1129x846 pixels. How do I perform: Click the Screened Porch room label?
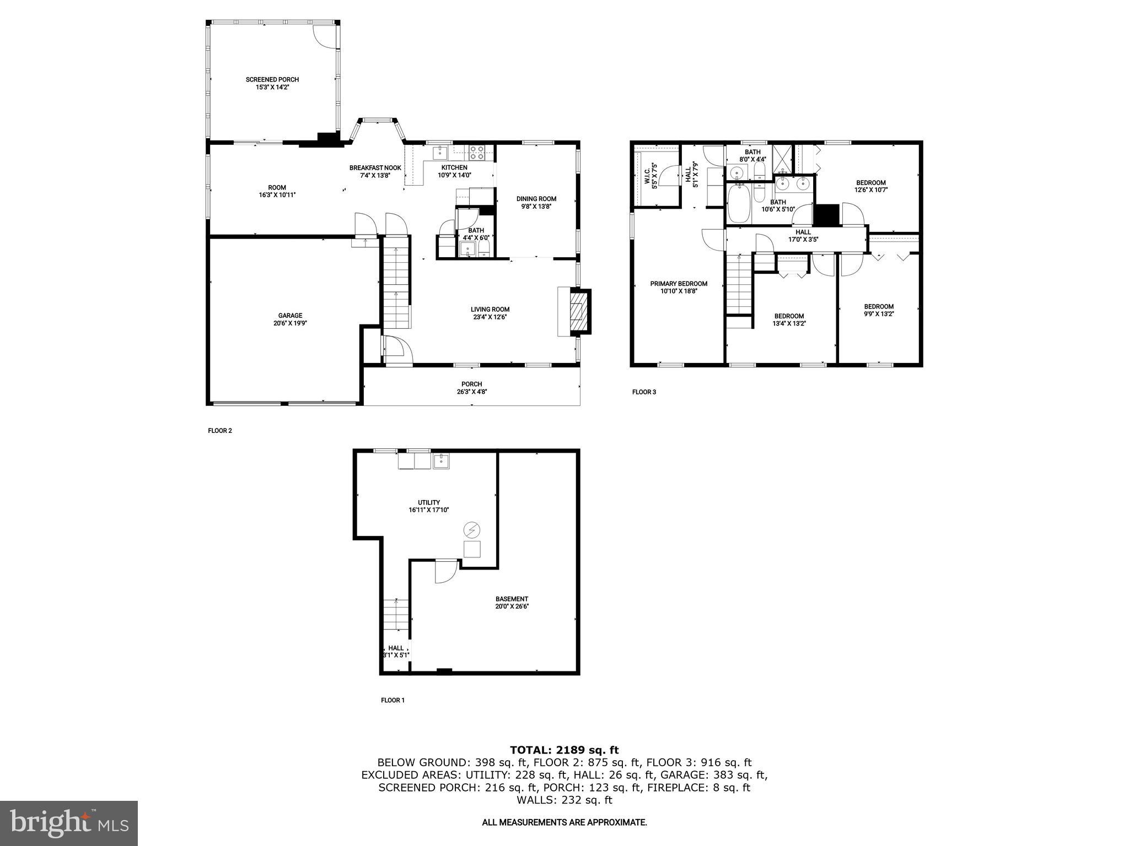(x=272, y=80)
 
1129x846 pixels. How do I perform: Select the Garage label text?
(x=290, y=316)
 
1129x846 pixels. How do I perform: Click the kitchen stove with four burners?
(x=477, y=153)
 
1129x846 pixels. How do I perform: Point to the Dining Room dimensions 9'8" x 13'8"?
(x=536, y=207)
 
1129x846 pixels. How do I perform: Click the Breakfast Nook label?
(x=375, y=168)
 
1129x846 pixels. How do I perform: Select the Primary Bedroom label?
(x=678, y=284)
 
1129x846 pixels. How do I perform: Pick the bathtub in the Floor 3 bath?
(x=738, y=204)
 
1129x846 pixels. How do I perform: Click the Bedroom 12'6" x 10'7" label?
(x=870, y=183)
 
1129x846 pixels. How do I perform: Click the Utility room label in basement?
(x=428, y=502)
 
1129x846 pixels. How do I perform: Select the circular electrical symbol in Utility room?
(x=472, y=530)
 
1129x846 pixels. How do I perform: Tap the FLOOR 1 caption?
(x=393, y=701)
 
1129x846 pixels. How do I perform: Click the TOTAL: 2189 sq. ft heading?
(x=564, y=750)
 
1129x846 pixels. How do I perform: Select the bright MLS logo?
(x=69, y=823)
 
